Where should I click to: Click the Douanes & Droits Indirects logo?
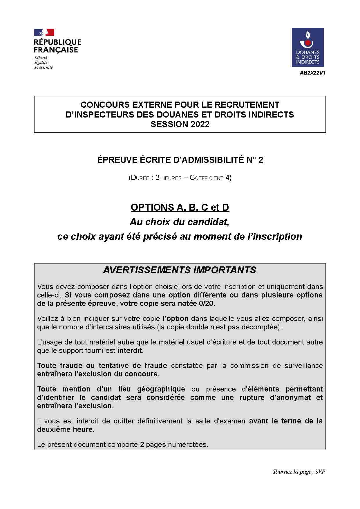coord(307,47)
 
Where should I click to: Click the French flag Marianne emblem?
coord(44,32)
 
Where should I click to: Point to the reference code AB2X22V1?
coord(312,73)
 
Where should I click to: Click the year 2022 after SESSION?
coord(200,124)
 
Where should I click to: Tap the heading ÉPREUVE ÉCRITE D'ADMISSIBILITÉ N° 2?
coord(180,160)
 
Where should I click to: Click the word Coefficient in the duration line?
coord(206,178)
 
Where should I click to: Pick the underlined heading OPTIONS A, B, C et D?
coord(180,207)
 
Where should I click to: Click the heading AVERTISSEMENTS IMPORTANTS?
coord(180,270)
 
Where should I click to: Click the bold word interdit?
coord(130,350)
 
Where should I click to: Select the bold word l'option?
coord(176,318)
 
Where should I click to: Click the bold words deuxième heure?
coord(66,429)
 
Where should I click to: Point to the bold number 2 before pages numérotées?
coord(142,444)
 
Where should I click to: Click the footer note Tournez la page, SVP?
coord(299,472)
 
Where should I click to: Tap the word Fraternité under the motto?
coord(44,67)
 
